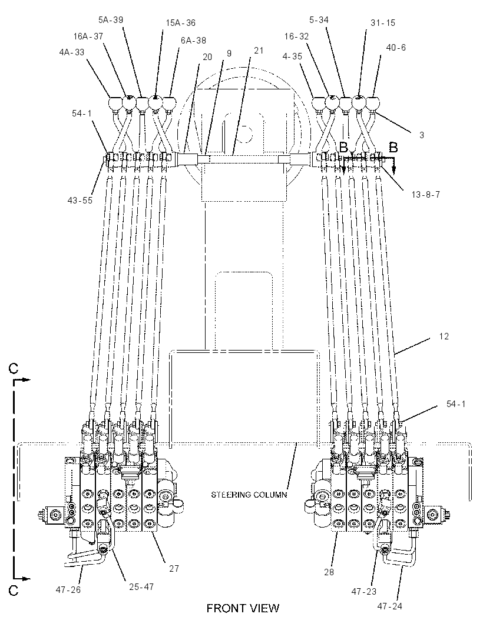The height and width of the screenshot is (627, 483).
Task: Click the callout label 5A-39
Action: pos(111,19)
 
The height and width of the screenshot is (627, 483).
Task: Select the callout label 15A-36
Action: pos(181,23)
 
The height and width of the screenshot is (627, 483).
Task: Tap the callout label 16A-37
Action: pos(88,36)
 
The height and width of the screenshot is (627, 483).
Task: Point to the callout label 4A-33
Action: pos(72,52)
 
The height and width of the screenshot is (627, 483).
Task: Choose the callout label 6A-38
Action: pos(193,41)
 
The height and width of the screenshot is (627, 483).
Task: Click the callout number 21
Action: pos(259,51)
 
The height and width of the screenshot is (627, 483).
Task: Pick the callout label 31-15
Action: pos(382,23)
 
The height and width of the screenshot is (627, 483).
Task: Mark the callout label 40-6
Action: pos(396,48)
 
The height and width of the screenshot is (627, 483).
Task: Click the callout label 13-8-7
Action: pos(426,194)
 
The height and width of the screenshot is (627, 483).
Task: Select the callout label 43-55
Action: pos(80,200)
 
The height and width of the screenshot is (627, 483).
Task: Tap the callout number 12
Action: pos(444,336)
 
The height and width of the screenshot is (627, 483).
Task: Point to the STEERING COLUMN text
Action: pos(249,495)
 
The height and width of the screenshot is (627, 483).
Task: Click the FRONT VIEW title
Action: pos(243,609)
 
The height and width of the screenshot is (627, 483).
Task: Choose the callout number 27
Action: pos(174,568)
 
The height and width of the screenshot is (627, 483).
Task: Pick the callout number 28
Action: pos(329,572)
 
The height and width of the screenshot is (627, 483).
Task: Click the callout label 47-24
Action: pos(390,606)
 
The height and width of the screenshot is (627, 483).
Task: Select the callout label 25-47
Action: pos(141,586)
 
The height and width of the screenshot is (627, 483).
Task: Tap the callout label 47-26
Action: pos(68,589)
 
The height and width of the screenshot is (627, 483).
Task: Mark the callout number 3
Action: pos(422,135)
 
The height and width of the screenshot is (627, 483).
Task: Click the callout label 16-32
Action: pos(296,36)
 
